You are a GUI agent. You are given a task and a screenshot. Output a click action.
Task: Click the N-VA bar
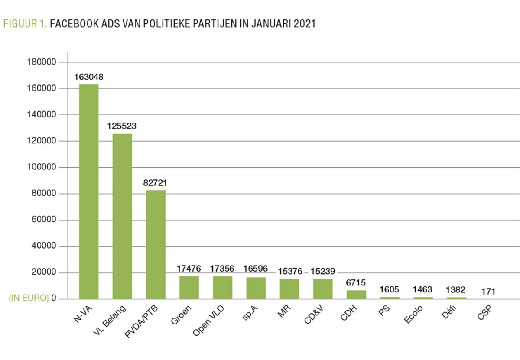click(x=89, y=191)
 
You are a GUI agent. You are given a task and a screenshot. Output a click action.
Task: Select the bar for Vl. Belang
click(x=122, y=216)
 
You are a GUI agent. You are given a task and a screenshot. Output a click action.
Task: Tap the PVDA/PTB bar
click(x=156, y=244)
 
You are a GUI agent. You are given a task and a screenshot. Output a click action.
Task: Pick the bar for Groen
click(x=189, y=287)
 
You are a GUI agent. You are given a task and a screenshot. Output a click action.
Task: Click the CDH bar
click(x=356, y=295)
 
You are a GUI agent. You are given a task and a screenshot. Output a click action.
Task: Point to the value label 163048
click(x=89, y=77)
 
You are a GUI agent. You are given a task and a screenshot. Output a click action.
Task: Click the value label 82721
click(x=155, y=183)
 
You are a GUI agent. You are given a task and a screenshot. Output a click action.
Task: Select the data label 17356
click(x=222, y=269)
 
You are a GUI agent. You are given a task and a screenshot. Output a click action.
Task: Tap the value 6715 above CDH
click(x=356, y=283)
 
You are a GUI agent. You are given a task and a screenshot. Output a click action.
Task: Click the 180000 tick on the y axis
click(x=42, y=62)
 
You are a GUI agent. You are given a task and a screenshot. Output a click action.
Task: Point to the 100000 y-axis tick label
click(x=42, y=168)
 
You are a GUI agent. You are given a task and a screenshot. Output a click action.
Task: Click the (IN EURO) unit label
click(x=28, y=299)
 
